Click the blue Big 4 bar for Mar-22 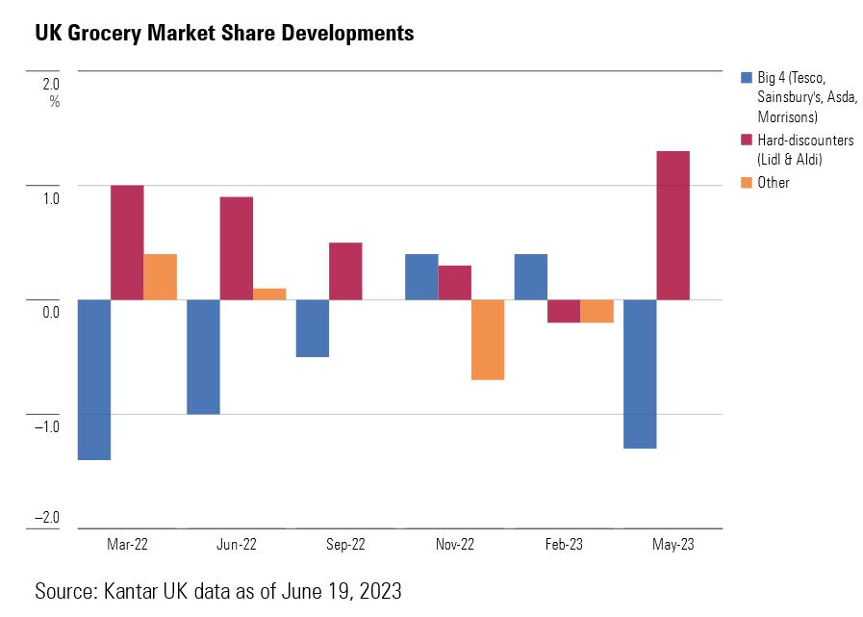tap(93, 379)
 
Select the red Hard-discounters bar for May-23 tap(673, 225)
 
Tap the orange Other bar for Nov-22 tap(487, 340)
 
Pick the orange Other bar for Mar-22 tap(160, 277)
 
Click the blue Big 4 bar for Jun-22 tap(203, 356)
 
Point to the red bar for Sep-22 tap(345, 270)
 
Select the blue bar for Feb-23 tap(530, 277)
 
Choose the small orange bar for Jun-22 tap(269, 294)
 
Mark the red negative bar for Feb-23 tap(564, 311)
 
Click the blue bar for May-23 tap(640, 373)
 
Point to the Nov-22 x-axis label tap(454, 545)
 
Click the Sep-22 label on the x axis tap(345, 545)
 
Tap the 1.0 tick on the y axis tap(50, 198)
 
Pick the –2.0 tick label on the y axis tap(47, 518)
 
